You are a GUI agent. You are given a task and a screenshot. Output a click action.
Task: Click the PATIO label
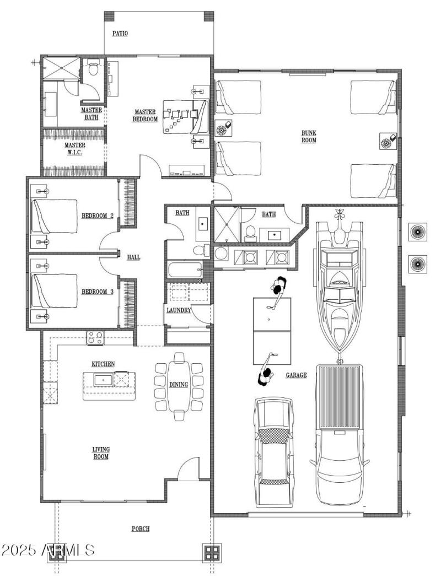click(120, 33)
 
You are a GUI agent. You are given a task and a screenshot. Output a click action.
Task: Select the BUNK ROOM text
click(308, 136)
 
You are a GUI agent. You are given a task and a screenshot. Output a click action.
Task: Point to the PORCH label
click(141, 529)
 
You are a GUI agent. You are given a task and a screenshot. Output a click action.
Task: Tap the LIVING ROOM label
click(100, 453)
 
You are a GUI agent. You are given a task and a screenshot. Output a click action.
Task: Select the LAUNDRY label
click(179, 310)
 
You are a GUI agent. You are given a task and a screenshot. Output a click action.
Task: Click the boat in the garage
click(338, 281)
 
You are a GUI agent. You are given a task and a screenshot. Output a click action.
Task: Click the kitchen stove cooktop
click(95, 337)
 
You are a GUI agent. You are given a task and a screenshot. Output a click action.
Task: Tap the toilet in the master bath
click(93, 70)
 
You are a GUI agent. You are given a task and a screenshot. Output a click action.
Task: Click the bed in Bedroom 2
click(54, 216)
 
